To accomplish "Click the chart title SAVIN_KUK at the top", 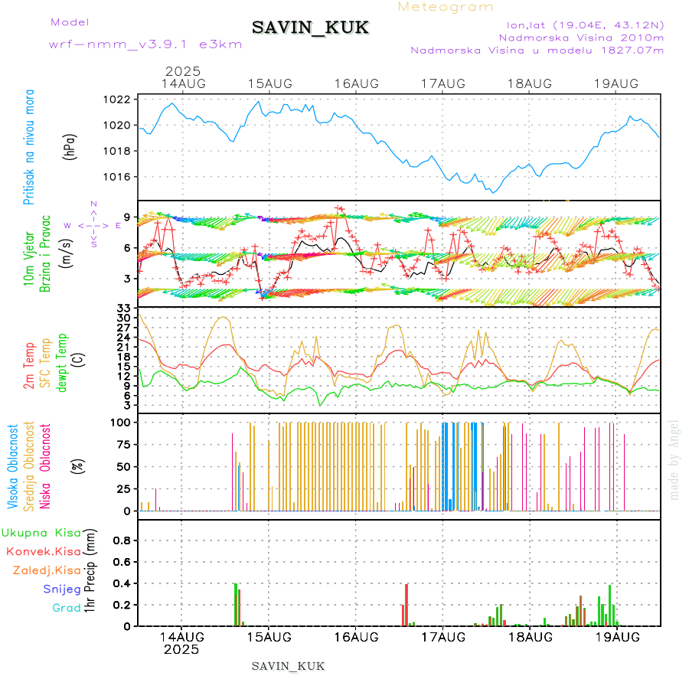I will click(x=311, y=28).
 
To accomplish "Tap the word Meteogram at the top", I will click(x=446, y=7).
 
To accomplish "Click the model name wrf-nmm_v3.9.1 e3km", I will click(x=145, y=44).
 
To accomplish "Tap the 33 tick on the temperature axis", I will click(x=122, y=308).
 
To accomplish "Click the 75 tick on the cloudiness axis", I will click(x=122, y=444).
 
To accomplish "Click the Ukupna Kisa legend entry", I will click(x=41, y=532).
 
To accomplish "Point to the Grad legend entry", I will click(x=67, y=608).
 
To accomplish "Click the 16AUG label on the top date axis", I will click(x=356, y=83).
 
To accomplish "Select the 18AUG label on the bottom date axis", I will click(x=530, y=636).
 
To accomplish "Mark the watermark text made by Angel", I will click(x=674, y=459).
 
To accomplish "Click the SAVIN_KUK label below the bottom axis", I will click(x=289, y=666).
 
